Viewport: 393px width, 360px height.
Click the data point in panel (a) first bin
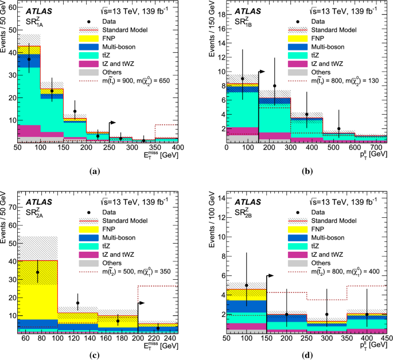point(29,59)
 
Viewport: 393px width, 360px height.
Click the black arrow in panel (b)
point(262,72)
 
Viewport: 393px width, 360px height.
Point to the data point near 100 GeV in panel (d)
point(247,285)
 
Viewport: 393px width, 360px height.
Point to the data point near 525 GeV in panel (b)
point(338,128)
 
